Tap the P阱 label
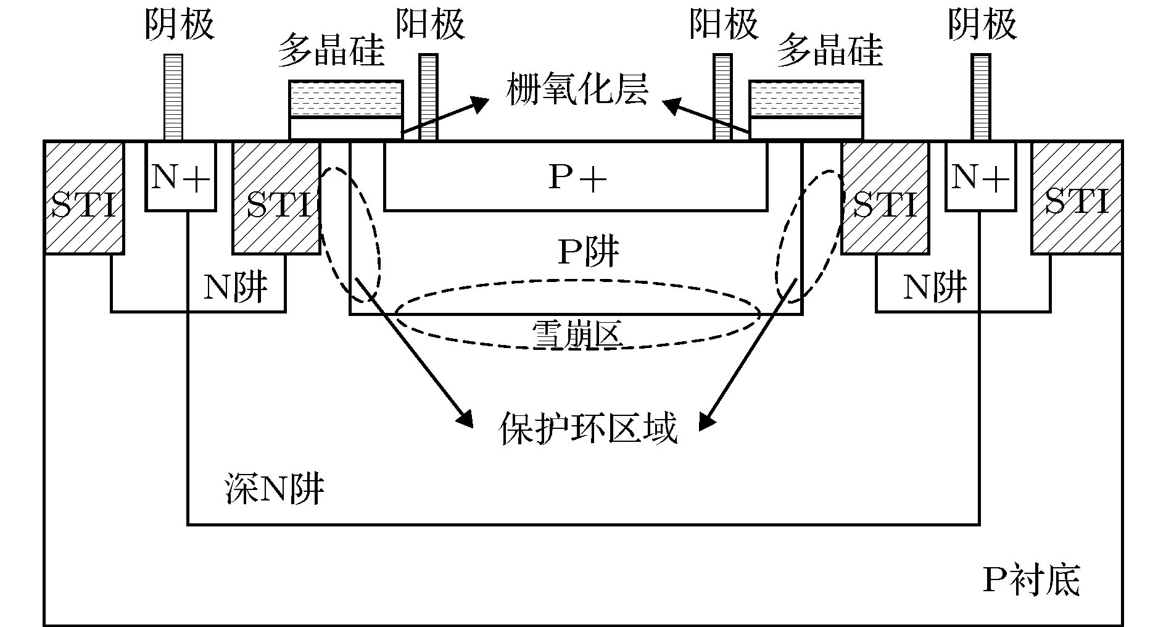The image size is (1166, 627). click(588, 252)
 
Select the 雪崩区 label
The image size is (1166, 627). click(577, 334)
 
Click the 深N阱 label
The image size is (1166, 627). click(273, 490)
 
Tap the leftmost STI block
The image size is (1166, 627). click(84, 197)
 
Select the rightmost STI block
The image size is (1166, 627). click(1077, 197)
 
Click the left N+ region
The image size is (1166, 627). click(180, 176)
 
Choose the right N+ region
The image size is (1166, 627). click(980, 176)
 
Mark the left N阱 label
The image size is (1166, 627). click(236, 286)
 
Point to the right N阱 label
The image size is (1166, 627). click(935, 286)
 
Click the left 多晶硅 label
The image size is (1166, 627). click(331, 51)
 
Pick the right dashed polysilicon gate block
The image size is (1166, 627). click(806, 99)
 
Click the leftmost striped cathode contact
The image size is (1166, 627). click(173, 98)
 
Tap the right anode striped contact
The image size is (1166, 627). click(722, 98)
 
